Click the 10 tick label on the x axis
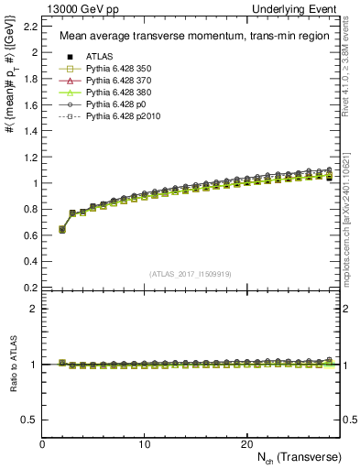click(x=144, y=443)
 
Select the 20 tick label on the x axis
click(x=245, y=443)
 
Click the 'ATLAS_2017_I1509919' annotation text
click(x=190, y=274)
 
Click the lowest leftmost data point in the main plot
click(x=62, y=229)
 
